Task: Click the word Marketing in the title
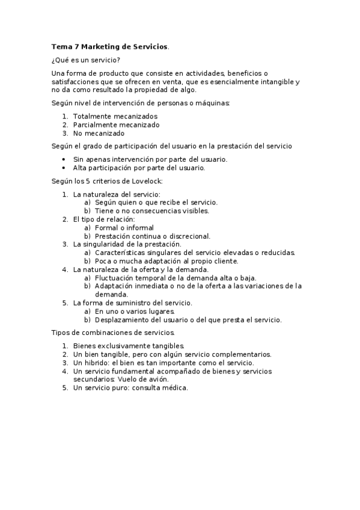coord(100,46)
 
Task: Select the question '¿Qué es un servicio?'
coord(86,60)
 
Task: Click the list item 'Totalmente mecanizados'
coord(115,116)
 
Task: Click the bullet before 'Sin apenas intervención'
coord(64,159)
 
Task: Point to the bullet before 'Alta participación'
coord(64,168)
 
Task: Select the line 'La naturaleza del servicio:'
coord(117,194)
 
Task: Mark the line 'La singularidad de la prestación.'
coord(127,244)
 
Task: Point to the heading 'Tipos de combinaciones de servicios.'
coord(114,332)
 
